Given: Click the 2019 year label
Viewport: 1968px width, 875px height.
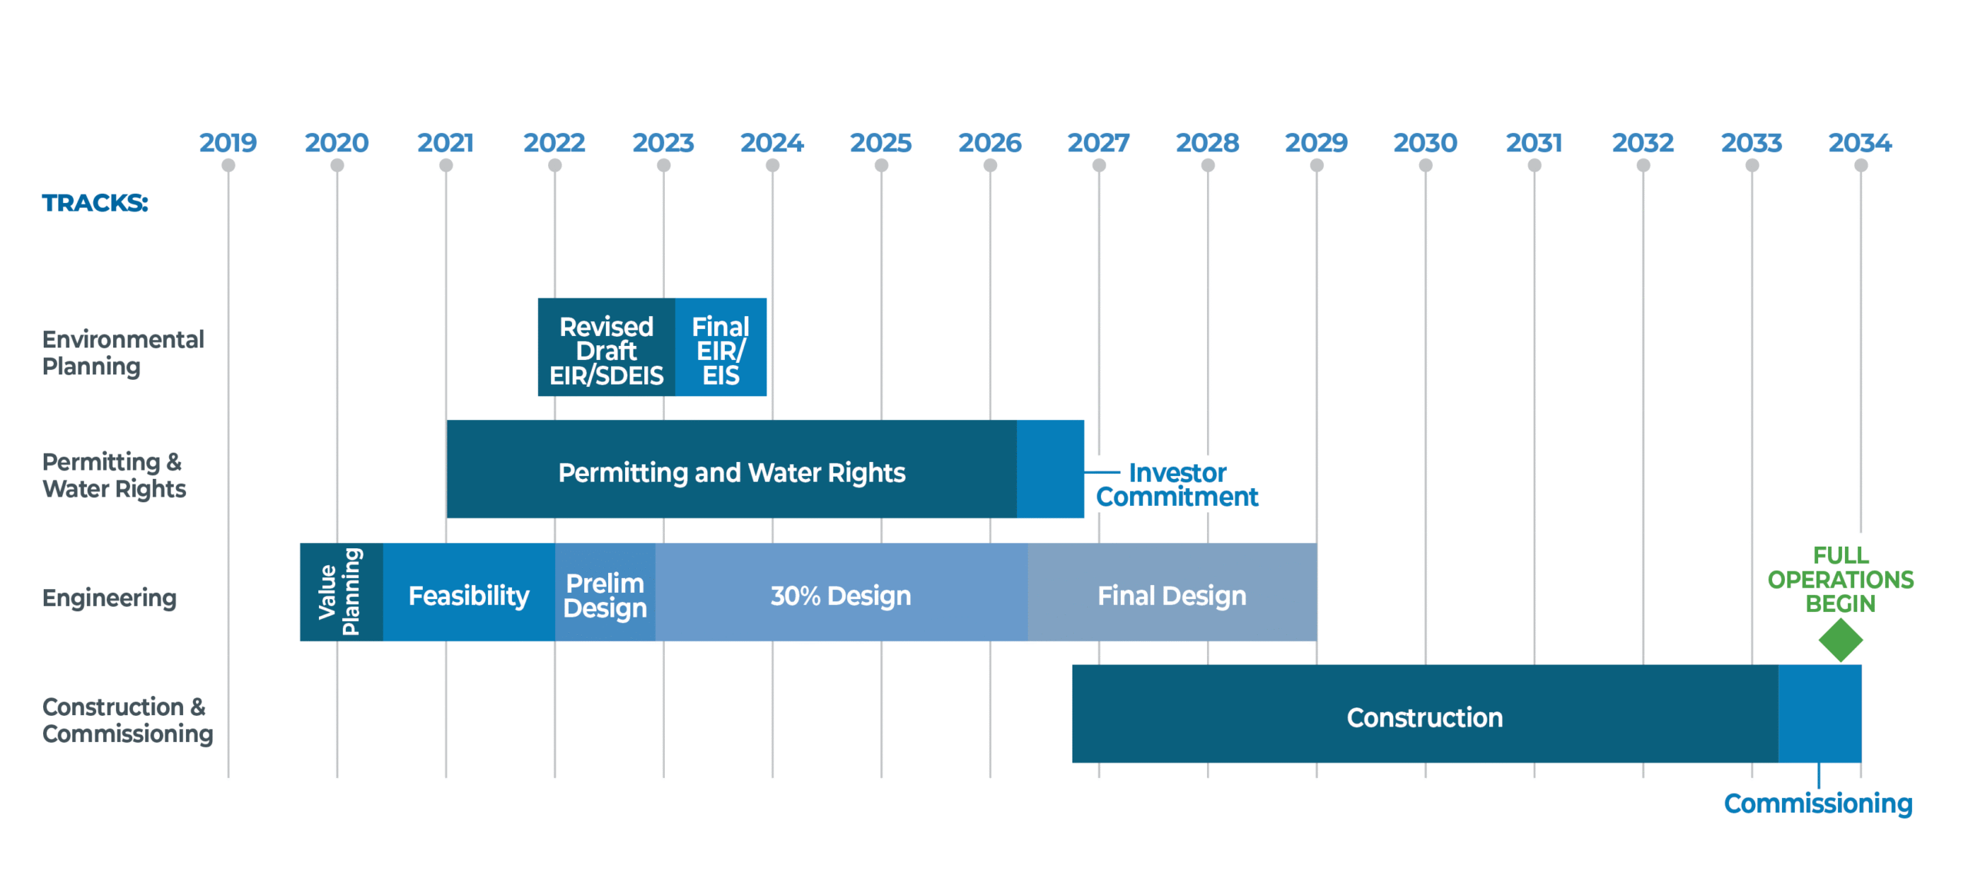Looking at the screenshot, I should pos(228,142).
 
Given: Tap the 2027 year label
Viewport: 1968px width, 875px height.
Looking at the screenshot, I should pos(1098,142).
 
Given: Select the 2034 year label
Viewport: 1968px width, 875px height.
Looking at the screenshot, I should pos(1860,142).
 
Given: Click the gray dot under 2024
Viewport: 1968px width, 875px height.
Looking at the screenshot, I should pos(773,165).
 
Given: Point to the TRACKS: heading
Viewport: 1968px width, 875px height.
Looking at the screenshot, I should pos(95,203).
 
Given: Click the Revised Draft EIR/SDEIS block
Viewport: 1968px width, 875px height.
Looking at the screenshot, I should pos(606,350).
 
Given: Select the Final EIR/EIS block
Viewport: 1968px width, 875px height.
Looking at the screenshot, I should pos(720,350).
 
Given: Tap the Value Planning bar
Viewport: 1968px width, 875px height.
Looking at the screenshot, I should pos(341,591).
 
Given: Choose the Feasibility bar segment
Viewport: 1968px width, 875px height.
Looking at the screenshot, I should pos(468,595).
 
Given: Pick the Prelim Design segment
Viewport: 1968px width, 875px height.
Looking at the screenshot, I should pos(604,595).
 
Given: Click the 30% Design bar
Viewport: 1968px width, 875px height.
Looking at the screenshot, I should pos(840,595).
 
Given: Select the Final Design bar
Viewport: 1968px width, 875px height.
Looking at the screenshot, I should pos(1171,595).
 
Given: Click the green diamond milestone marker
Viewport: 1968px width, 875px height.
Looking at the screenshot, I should pos(1840,640).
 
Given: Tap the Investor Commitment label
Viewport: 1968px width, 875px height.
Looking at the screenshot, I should pos(1176,484).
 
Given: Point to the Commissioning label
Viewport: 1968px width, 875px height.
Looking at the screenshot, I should pos(1817,803).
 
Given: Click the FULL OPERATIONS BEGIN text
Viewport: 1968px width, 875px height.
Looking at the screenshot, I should pos(1840,579).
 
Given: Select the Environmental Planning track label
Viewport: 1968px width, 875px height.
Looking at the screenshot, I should pos(122,352).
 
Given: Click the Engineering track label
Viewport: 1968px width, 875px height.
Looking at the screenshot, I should pos(109,597).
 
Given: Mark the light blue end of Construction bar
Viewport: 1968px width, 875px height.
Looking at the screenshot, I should pos(1819,713).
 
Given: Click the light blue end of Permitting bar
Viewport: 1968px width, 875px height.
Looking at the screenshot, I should pos(1049,468).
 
